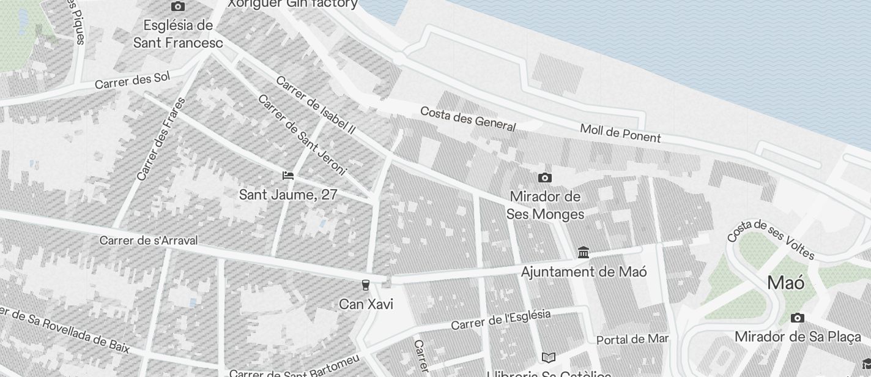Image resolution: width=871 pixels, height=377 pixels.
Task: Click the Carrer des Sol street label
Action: (x=132, y=80)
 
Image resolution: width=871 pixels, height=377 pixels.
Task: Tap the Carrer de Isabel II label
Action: (x=316, y=105)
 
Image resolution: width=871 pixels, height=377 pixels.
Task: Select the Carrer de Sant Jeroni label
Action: (x=302, y=135)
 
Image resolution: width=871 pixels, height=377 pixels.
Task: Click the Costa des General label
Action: (x=468, y=119)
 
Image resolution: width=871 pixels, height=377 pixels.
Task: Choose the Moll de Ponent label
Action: (x=620, y=133)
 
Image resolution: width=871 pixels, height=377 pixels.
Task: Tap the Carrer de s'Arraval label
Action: (x=149, y=241)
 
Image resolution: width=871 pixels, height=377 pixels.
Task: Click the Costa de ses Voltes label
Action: (x=771, y=238)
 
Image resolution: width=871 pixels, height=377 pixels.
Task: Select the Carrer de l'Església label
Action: (x=501, y=319)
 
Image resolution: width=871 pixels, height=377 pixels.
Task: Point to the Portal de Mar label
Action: (x=632, y=339)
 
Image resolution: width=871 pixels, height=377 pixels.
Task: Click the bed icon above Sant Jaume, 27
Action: (x=288, y=176)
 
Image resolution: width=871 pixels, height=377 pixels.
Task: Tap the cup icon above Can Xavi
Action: (x=366, y=285)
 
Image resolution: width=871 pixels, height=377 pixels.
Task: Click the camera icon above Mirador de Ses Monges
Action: (x=544, y=178)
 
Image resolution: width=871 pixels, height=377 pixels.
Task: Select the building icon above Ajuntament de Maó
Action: (x=584, y=252)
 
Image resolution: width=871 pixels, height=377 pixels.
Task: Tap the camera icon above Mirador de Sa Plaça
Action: (x=797, y=318)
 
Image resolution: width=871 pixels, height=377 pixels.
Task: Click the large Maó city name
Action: (x=785, y=283)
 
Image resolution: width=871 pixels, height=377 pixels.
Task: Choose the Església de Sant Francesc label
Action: (x=178, y=34)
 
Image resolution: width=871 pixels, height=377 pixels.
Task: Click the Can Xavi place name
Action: (x=366, y=304)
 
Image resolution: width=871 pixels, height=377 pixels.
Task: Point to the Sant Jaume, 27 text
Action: (x=288, y=195)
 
